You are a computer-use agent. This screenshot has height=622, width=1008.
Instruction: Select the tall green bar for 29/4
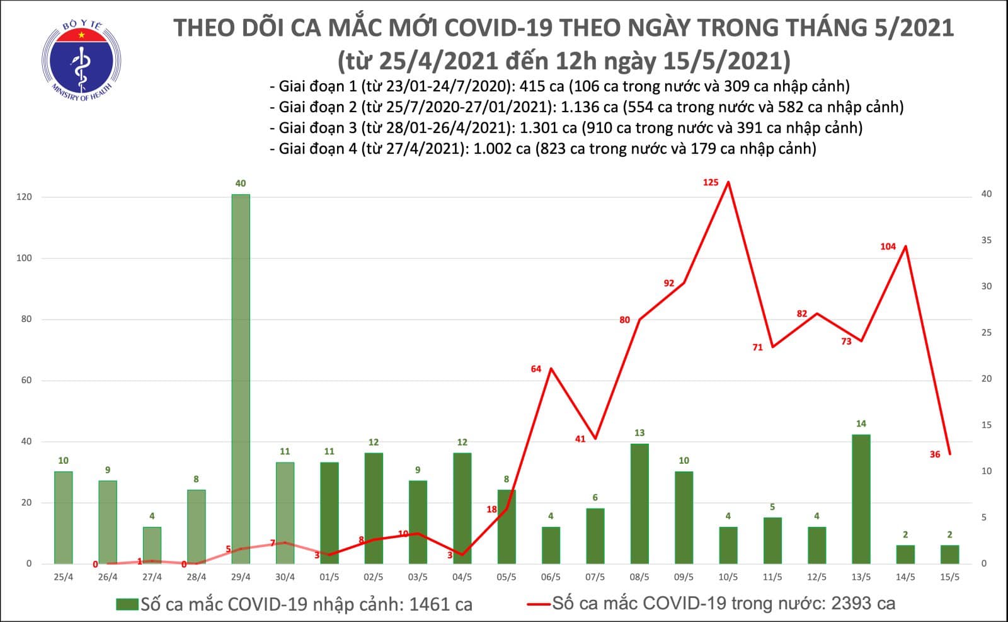pyautogui.click(x=240, y=378)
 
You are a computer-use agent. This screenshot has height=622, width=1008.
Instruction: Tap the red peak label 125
pyautogui.click(x=710, y=183)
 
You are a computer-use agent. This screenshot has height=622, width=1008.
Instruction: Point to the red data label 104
pyautogui.click(x=888, y=246)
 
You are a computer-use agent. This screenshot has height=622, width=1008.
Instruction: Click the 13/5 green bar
pyautogui.click(x=861, y=498)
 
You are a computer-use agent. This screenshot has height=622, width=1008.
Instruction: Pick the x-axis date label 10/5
pyautogui.click(x=728, y=577)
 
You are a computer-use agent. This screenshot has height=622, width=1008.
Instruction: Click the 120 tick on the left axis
pyautogui.click(x=24, y=197)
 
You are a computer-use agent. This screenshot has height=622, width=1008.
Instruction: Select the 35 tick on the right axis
pyautogui.click(x=987, y=240)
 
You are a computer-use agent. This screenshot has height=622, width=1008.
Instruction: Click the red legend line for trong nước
pyautogui.click(x=539, y=604)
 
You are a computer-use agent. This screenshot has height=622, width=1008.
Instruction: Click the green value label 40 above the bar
pyautogui.click(x=240, y=183)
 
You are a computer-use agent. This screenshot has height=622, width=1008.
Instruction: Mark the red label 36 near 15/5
pyautogui.click(x=934, y=454)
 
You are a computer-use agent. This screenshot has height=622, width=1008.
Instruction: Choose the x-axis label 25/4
pyautogui.click(x=63, y=577)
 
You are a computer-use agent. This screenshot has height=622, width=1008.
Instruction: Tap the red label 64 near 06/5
pyautogui.click(x=535, y=369)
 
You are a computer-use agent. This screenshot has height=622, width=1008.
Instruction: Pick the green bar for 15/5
pyautogui.click(x=949, y=554)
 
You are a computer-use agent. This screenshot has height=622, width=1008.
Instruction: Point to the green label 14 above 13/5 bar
pyautogui.click(x=861, y=423)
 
